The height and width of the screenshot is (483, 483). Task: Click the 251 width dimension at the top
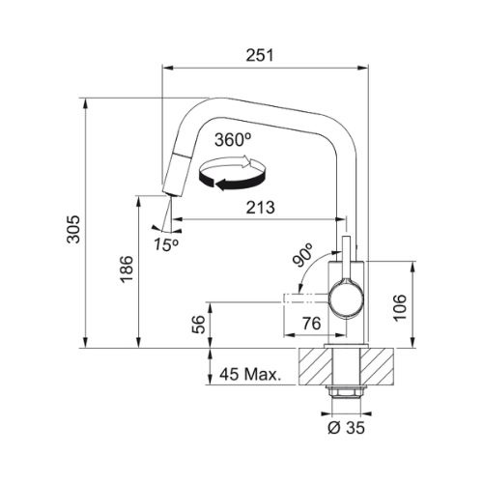tap(260, 55)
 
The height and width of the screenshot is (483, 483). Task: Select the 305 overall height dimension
tap(73, 229)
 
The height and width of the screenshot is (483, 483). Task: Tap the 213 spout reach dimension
tap(261, 208)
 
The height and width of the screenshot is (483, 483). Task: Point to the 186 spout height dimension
tap(127, 270)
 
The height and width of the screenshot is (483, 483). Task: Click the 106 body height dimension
tap(400, 307)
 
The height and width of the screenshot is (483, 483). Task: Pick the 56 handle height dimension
tap(198, 325)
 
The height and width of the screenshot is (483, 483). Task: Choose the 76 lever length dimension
tap(312, 324)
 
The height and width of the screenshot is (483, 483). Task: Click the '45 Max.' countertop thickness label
tap(250, 374)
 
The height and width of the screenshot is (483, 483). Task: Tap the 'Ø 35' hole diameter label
tap(346, 428)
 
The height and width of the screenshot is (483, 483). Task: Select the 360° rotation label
tap(233, 140)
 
